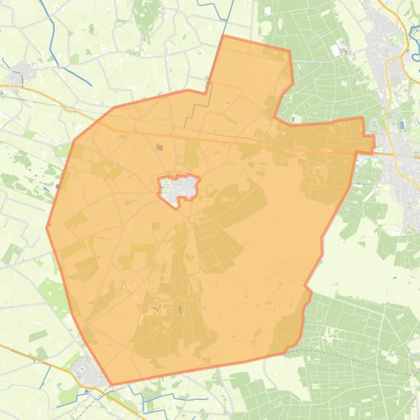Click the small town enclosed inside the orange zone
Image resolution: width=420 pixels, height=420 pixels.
pos(178,190)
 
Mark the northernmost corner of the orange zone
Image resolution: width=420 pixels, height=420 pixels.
pos(224,37)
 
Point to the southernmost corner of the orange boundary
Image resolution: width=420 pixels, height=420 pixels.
pos(111,385)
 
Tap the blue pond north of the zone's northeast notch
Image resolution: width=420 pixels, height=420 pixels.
pos(293,118)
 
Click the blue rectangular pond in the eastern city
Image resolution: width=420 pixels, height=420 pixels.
pos(403,125)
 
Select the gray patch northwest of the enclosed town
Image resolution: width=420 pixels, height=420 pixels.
pos(159,147)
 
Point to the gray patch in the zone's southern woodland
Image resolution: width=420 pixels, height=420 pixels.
pos(180,310)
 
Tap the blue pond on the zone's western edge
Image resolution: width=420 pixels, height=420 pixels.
pos(58,187)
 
